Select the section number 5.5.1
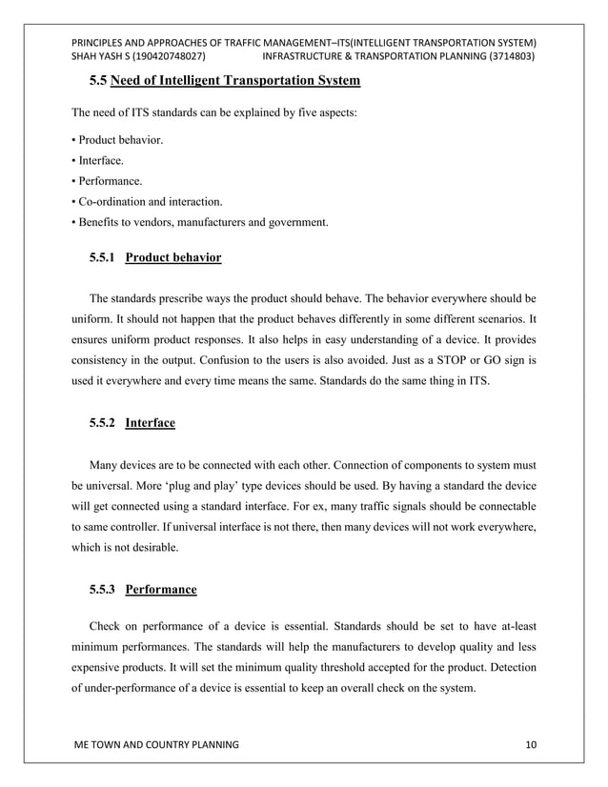tap(104, 258)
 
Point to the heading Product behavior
tap(173, 258)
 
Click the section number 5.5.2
tap(104, 423)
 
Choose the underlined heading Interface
tap(150, 423)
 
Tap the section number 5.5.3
tap(104, 590)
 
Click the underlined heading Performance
tap(161, 590)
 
